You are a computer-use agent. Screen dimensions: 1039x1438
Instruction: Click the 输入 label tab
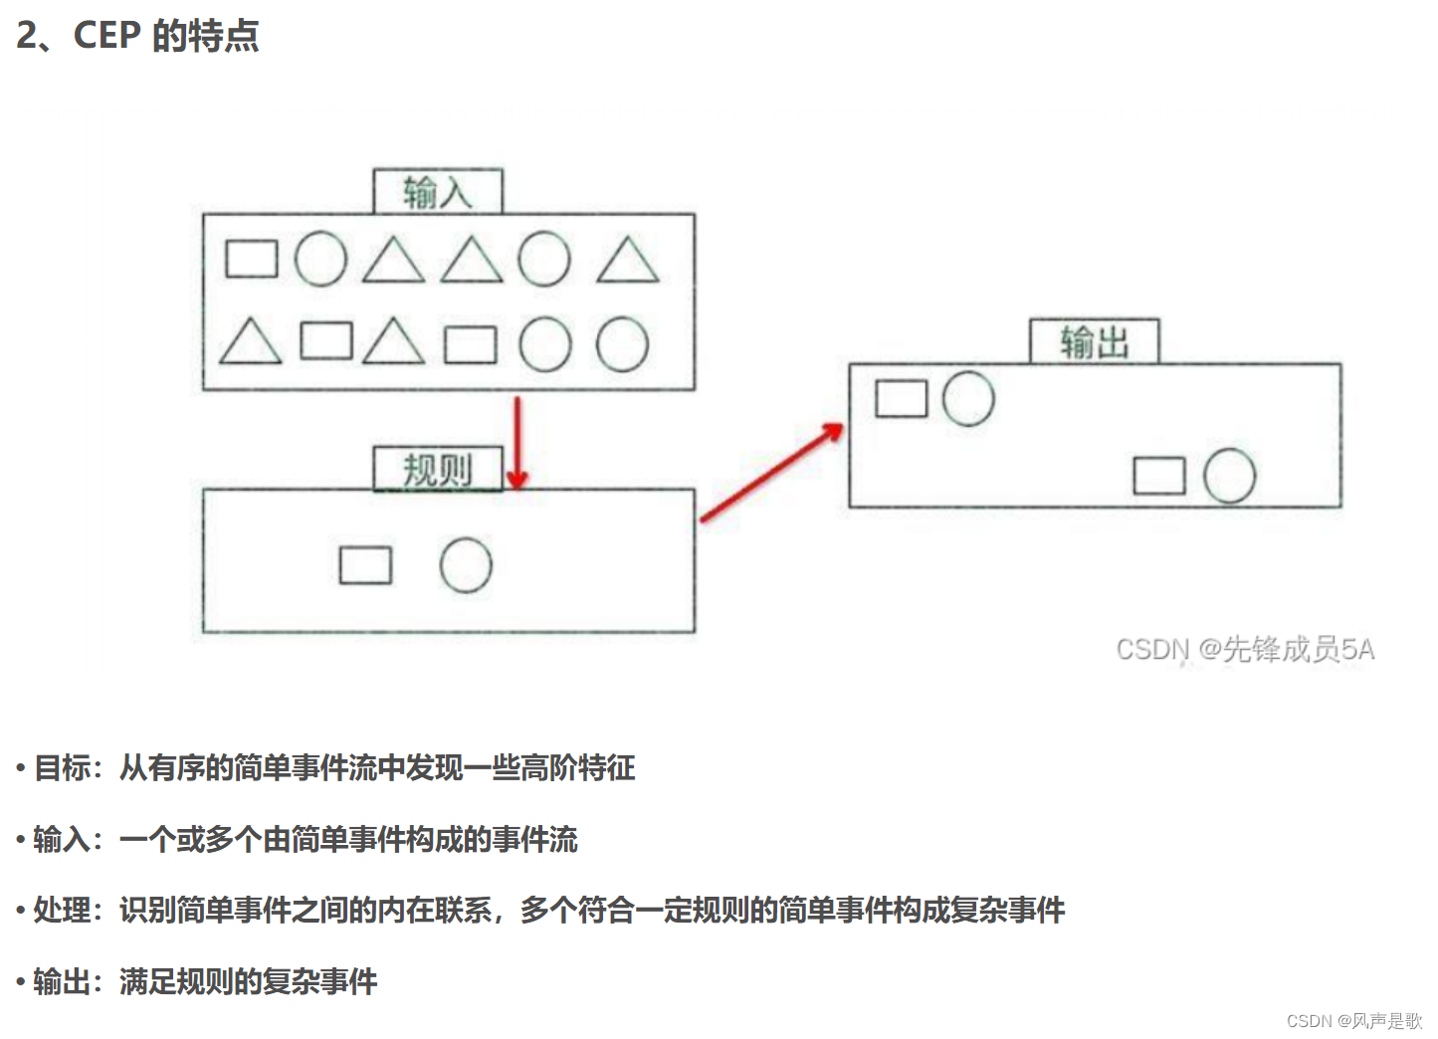tap(438, 191)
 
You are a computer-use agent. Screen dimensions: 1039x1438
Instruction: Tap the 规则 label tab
tap(438, 469)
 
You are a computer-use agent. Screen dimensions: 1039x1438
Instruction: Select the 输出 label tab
tap(1094, 341)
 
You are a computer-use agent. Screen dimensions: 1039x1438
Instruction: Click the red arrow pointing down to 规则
tap(516, 443)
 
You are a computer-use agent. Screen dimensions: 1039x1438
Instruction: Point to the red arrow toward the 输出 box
tap(772, 473)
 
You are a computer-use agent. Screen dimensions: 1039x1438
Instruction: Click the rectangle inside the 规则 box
tap(365, 565)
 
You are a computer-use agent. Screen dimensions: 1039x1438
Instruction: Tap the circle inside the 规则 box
tap(466, 565)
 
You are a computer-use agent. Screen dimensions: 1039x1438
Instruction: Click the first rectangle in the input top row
tap(251, 259)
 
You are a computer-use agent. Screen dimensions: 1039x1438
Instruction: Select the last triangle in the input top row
tap(628, 262)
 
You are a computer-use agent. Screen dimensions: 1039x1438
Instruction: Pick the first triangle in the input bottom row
tap(250, 342)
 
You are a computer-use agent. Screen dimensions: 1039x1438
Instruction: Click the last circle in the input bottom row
tap(622, 344)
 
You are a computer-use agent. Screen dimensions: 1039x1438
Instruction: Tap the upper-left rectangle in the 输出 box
tap(901, 398)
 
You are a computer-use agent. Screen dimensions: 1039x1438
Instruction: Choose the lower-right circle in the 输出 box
tap(1229, 476)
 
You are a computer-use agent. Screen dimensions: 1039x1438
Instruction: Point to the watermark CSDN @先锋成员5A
tap(1245, 650)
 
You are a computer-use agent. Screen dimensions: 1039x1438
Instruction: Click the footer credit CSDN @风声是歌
tap(1353, 1021)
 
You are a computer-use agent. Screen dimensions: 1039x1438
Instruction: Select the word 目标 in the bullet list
tap(62, 767)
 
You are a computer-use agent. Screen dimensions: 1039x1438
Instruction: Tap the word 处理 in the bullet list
tap(62, 910)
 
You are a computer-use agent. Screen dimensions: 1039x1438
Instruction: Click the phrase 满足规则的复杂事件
tap(249, 982)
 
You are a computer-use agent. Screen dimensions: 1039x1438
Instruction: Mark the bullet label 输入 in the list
tap(62, 839)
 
